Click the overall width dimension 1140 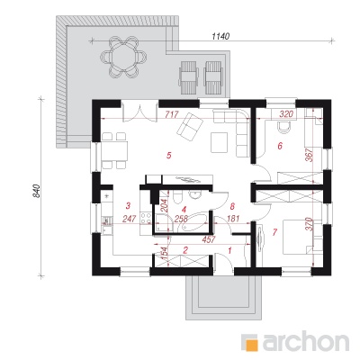[220, 36]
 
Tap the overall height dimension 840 [36, 191]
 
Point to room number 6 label [280, 146]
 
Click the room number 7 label [274, 232]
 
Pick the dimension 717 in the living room [172, 114]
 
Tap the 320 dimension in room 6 [286, 114]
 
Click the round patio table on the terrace [123, 57]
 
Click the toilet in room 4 [176, 198]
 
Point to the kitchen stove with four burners [146, 217]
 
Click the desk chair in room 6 [283, 127]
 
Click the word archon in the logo [306, 342]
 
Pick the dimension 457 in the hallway [209, 239]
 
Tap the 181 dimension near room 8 [233, 219]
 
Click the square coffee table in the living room [220, 142]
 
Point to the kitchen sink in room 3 [106, 222]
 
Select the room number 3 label [128, 206]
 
